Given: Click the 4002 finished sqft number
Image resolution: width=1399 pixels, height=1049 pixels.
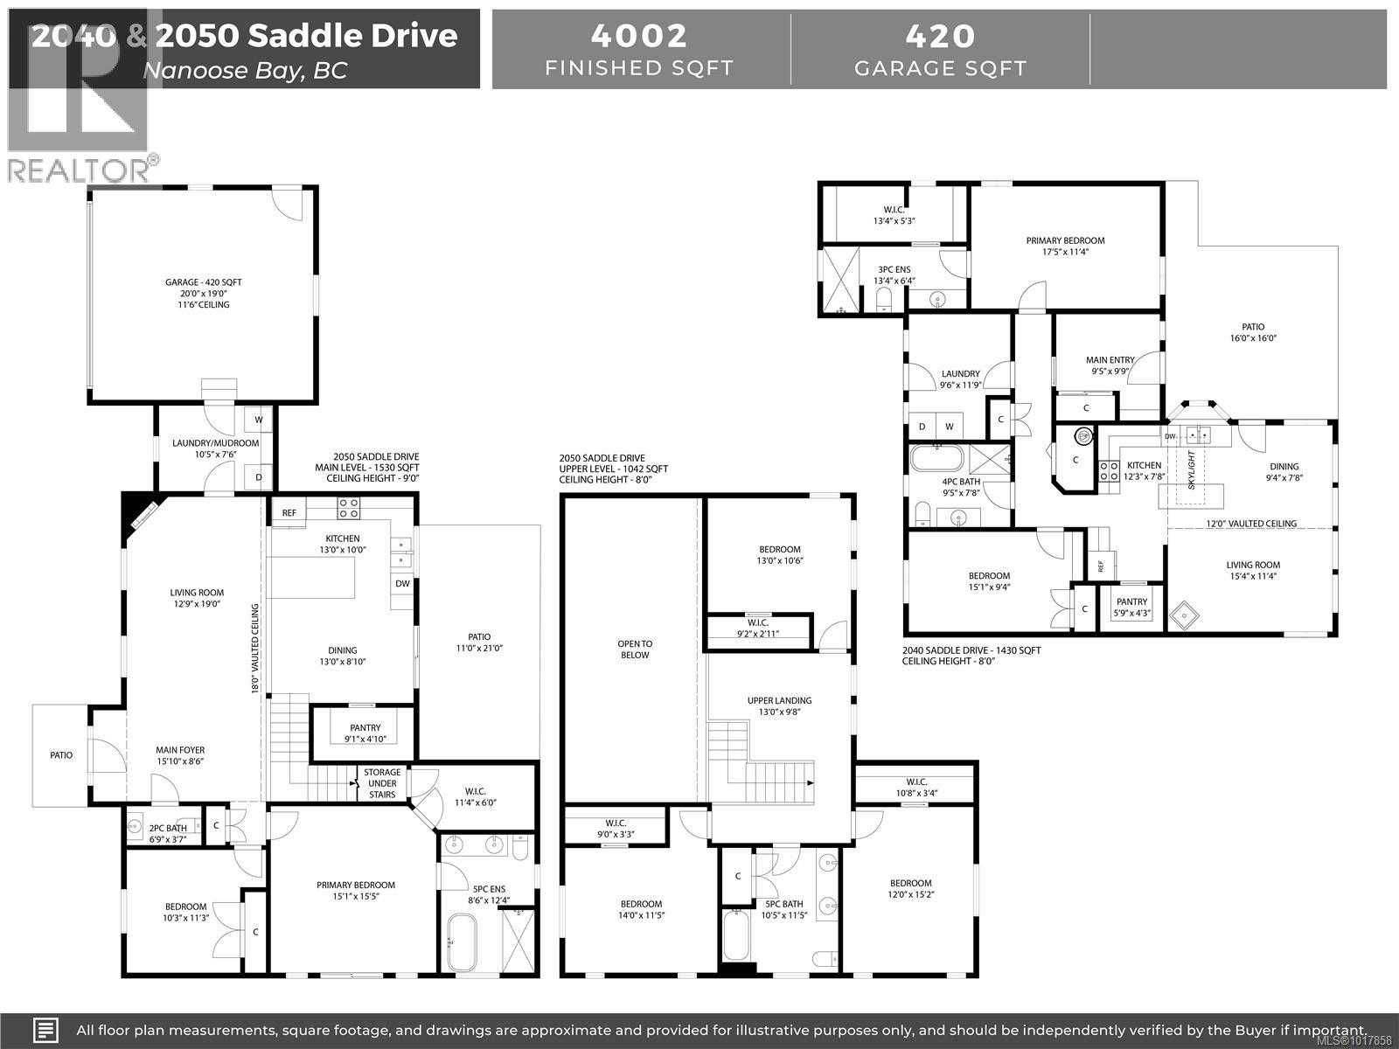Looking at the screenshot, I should click(x=638, y=36).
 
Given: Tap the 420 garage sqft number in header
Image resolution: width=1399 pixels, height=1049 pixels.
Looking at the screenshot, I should click(x=940, y=36).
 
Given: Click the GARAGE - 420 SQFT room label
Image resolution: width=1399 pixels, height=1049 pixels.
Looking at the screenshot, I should click(x=203, y=282).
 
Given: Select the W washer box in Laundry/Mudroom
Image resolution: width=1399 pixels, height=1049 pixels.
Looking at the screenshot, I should click(x=259, y=420).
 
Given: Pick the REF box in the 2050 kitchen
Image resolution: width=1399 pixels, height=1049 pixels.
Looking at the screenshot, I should click(x=289, y=513).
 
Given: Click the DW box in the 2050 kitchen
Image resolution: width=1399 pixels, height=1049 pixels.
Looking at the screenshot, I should click(x=402, y=583).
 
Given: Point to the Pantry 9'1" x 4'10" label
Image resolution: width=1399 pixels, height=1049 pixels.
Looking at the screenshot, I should click(x=365, y=733).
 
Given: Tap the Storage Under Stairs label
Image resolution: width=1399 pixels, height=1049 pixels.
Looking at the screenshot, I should click(x=382, y=783).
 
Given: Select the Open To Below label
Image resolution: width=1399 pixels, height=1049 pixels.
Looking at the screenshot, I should click(x=635, y=650).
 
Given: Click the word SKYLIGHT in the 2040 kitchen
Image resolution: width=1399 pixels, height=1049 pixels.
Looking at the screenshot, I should click(x=1190, y=472).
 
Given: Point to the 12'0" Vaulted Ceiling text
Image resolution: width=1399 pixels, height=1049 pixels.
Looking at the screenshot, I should click(x=1251, y=524).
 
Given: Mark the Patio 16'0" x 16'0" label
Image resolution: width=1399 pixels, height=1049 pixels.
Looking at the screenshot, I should click(x=1254, y=332).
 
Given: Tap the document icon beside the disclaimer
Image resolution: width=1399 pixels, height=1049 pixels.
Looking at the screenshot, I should click(x=45, y=1030).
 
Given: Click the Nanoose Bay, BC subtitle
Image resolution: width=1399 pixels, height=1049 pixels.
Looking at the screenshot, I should click(x=245, y=70).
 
